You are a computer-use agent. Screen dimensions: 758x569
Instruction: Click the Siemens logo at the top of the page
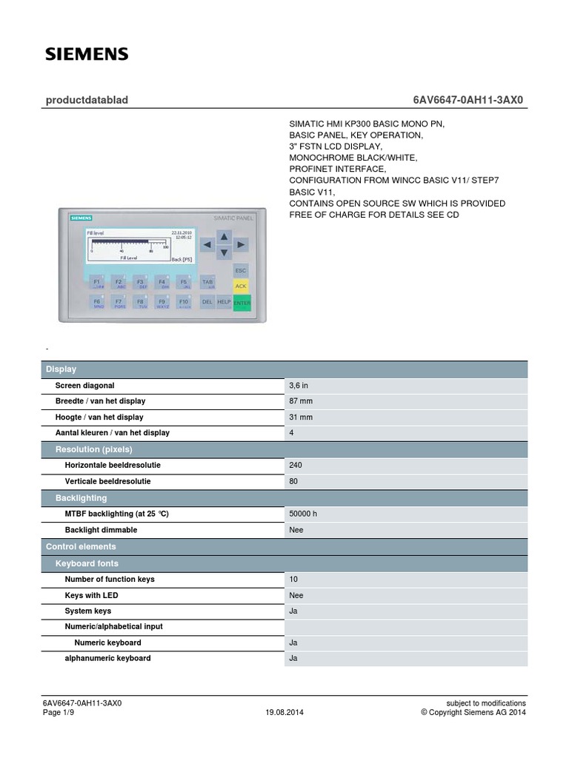click(x=87, y=54)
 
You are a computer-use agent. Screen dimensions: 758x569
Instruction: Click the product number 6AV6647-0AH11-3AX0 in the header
click(x=470, y=100)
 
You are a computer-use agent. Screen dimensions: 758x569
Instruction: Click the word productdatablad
click(x=87, y=100)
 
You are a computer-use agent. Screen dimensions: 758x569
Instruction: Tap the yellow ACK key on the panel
click(x=241, y=285)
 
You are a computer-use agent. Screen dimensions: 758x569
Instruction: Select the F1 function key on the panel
click(x=96, y=283)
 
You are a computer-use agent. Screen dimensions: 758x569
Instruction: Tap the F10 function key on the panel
click(x=184, y=302)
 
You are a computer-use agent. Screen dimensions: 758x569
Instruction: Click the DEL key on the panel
click(x=207, y=302)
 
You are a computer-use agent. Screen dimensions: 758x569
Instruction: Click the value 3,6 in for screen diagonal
click(x=299, y=386)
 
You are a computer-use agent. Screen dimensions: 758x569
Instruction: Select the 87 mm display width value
click(x=300, y=401)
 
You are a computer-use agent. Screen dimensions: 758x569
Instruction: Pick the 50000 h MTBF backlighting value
click(x=304, y=514)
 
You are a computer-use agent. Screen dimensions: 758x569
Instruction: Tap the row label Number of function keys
click(x=110, y=579)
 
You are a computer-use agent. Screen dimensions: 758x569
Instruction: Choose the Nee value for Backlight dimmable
click(x=296, y=530)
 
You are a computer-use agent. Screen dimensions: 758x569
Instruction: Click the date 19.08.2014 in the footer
click(x=284, y=713)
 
